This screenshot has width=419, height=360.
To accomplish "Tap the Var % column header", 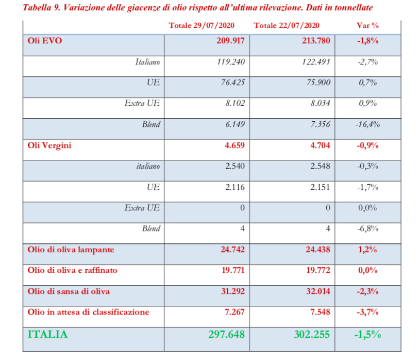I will click(x=368, y=26).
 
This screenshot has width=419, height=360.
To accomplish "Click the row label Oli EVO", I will click(x=44, y=41).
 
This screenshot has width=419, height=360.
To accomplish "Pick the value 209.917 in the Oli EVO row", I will click(x=230, y=41).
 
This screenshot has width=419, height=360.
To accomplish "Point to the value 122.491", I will click(x=316, y=62).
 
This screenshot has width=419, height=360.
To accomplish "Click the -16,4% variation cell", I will click(x=368, y=124).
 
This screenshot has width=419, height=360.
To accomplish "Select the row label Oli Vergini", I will click(x=49, y=145).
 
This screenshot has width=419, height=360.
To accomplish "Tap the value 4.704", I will click(x=320, y=145).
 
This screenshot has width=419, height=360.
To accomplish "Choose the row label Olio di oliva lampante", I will click(x=71, y=250).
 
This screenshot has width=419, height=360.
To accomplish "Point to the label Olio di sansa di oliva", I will click(x=69, y=291).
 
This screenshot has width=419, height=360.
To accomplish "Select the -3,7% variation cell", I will click(x=368, y=312).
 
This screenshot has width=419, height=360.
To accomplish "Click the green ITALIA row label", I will click(x=47, y=334).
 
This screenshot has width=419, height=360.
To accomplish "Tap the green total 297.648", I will click(x=226, y=334).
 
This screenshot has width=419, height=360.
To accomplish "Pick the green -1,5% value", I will click(x=368, y=334).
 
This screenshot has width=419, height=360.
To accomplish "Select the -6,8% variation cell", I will click(x=368, y=228).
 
